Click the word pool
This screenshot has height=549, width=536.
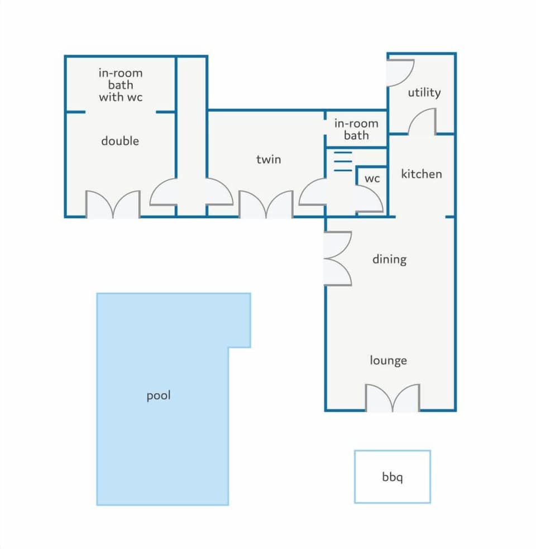(x=158, y=396)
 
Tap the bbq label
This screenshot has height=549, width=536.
(x=393, y=478)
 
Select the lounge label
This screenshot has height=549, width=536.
(x=388, y=361)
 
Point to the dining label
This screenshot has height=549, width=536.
(x=389, y=260)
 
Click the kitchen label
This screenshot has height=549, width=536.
(x=421, y=174)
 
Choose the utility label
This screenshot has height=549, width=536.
(x=424, y=93)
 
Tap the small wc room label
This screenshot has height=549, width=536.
(x=372, y=179)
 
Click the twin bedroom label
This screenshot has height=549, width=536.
(x=269, y=160)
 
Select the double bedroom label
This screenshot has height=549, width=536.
(x=119, y=141)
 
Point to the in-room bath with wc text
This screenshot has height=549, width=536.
(x=121, y=85)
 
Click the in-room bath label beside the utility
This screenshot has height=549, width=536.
(x=356, y=130)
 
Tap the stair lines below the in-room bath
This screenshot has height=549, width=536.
(x=342, y=161)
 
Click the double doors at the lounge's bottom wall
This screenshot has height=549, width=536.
(x=393, y=398)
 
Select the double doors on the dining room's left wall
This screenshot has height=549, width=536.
(x=338, y=259)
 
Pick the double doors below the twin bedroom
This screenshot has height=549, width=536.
(x=266, y=204)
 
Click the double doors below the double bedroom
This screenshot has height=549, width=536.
(x=112, y=204)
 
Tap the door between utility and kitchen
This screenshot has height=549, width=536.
(x=422, y=122)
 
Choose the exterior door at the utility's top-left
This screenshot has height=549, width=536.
(x=400, y=72)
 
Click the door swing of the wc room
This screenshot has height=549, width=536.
(x=369, y=199)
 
